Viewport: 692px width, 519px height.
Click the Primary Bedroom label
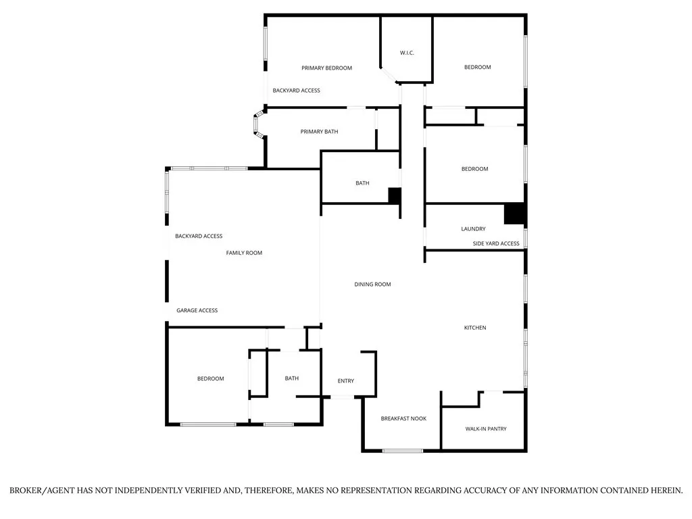point(326,68)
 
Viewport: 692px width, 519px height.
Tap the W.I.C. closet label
point(407,53)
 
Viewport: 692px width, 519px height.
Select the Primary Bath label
point(319,131)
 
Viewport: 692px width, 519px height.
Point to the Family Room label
point(244,253)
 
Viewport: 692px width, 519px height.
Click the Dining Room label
point(372,285)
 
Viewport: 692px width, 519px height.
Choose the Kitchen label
point(474,328)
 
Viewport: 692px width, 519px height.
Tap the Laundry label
point(473,229)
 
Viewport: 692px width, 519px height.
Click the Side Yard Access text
point(496,243)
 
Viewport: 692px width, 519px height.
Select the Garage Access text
point(197,310)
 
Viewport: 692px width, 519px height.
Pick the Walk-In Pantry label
point(485,429)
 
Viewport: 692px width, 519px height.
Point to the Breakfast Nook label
point(403,419)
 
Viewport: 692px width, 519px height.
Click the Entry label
point(345,381)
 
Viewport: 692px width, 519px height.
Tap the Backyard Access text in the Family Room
point(199,236)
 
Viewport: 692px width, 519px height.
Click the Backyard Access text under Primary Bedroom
point(296,91)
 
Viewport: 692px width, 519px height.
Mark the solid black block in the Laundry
point(514,214)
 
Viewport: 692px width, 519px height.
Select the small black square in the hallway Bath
point(395,195)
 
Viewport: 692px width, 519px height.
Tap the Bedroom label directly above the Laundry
point(474,169)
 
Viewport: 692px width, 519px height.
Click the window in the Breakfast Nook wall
point(403,451)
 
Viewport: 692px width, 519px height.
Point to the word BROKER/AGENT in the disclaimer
point(49,490)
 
